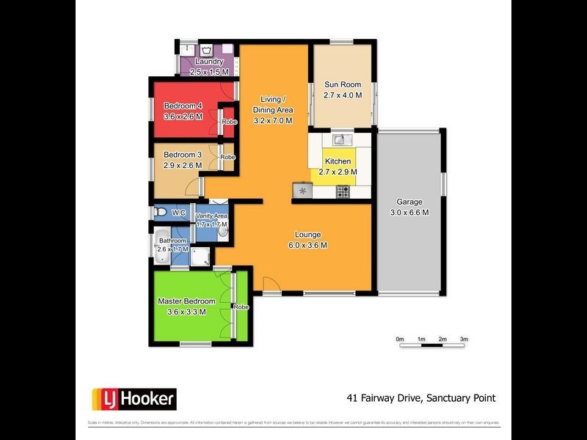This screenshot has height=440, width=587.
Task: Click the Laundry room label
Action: coord(209,62)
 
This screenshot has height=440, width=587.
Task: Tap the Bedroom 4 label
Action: coord(183,105)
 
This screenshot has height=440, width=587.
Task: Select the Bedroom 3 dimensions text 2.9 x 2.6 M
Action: coord(183,165)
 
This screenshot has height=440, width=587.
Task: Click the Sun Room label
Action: coord(343,84)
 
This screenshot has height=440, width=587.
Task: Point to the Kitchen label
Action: coord(338,161)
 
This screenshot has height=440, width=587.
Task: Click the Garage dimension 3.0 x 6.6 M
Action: coord(409,213)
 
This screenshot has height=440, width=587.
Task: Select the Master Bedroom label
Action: coord(187,301)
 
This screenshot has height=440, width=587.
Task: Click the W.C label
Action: coord(179,213)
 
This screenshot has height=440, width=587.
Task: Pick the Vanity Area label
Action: coord(211,216)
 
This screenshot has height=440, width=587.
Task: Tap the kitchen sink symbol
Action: coord(338,139)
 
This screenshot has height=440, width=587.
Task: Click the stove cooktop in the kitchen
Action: coord(343,191)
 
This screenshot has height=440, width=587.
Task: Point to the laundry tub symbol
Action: coord(208,50)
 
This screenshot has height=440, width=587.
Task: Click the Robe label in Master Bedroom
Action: coord(241,307)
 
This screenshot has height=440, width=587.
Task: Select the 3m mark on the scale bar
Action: coord(464,340)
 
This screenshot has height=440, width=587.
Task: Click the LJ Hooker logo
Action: coord(134,399)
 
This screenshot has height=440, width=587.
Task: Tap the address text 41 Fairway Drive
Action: coord(381,398)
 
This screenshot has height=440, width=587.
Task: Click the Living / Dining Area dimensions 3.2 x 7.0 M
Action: coord(273,120)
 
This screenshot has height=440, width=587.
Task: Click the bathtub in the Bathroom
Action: coord(164,249)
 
